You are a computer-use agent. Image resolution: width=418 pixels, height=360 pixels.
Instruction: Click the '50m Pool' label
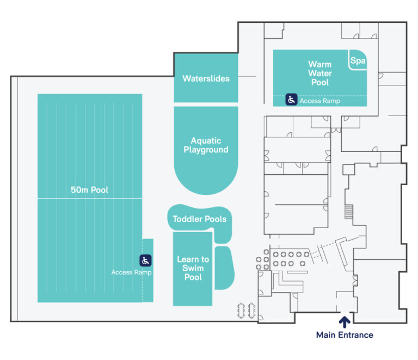(89, 190)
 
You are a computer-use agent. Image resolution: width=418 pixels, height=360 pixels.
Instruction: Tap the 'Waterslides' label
(206, 78)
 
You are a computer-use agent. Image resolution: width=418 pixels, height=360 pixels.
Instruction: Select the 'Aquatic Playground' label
(206, 145)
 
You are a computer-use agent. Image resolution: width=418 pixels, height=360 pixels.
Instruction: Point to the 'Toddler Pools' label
(199, 219)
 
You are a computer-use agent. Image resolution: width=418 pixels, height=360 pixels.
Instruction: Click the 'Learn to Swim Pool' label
(193, 268)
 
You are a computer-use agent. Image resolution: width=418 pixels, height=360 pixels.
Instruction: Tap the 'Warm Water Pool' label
(319, 73)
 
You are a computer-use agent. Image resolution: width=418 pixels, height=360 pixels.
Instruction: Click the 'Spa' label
(358, 61)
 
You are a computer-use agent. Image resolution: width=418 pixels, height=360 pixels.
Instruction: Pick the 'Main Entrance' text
(345, 335)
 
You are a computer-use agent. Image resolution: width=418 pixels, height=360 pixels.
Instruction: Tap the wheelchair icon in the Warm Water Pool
(292, 100)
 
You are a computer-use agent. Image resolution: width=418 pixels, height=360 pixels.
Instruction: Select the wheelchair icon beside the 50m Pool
(145, 260)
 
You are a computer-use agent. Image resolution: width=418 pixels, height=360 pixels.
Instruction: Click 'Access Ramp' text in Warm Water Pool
(320, 101)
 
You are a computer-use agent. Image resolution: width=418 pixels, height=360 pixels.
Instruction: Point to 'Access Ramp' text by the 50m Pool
(131, 272)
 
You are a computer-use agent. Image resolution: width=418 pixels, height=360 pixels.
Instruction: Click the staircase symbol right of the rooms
(349, 211)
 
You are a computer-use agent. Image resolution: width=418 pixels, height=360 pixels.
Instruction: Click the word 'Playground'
(206, 150)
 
